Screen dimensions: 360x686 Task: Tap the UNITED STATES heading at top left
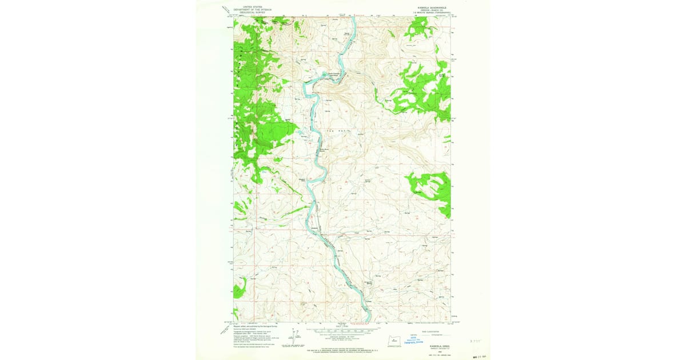click(252, 7)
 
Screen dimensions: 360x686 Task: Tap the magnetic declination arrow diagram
click(295, 336)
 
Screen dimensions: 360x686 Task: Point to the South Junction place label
click(334, 73)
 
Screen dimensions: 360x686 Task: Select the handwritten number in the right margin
click(474, 339)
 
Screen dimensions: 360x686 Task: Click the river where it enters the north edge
click(353, 19)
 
